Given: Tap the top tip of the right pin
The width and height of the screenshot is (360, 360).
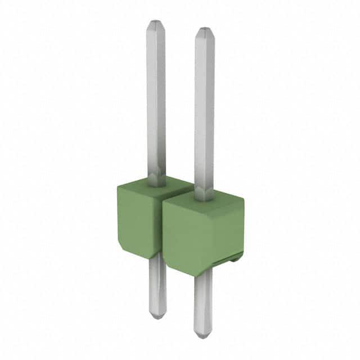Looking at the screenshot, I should pos(204,29).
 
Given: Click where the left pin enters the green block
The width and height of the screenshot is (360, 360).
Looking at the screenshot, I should pos(157,181).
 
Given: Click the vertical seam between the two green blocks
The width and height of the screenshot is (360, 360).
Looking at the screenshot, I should pos(163,225).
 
